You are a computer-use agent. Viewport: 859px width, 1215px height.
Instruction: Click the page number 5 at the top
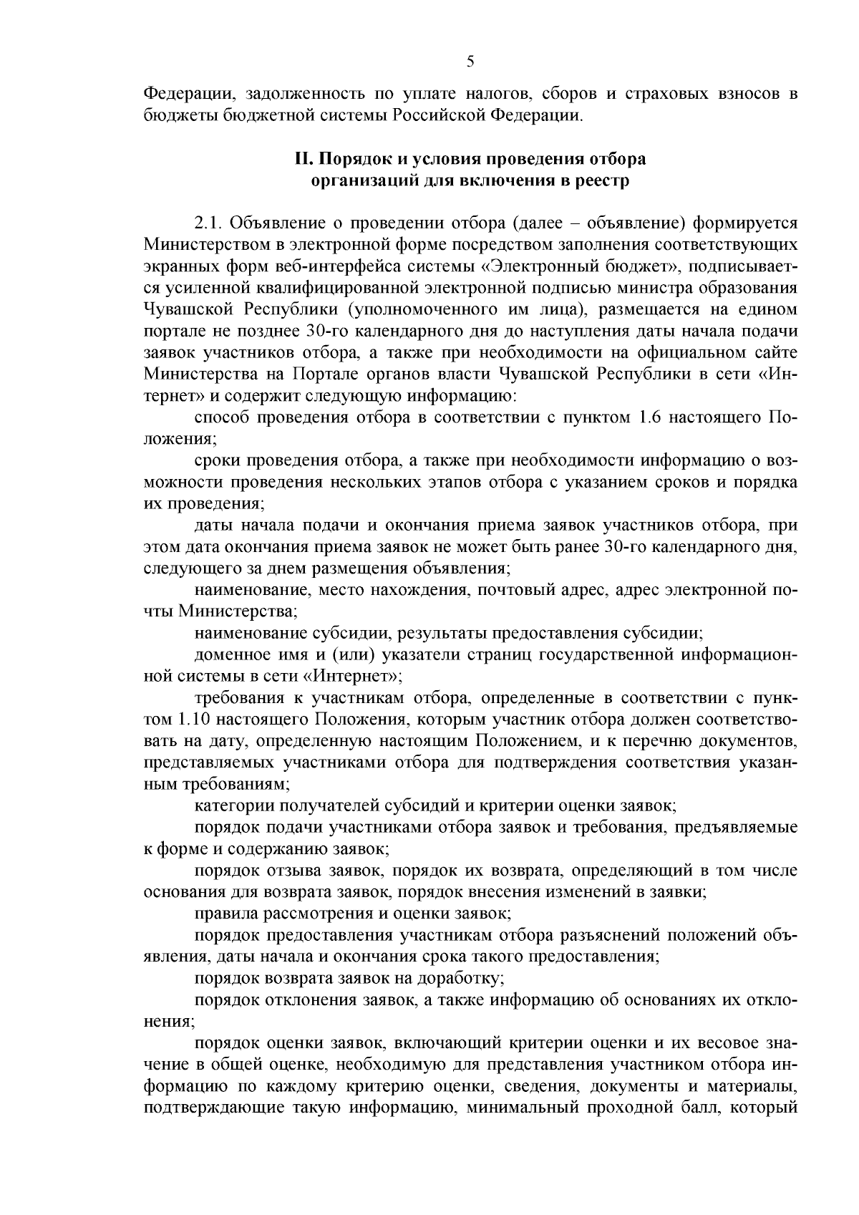[x=470, y=62]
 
